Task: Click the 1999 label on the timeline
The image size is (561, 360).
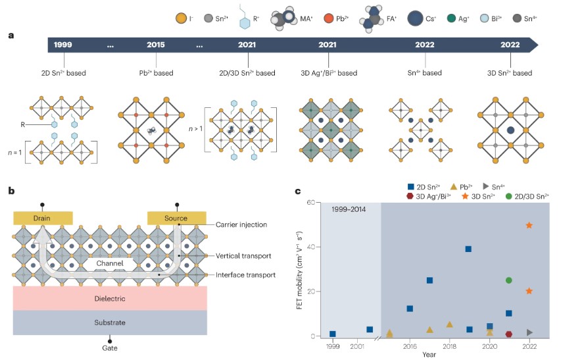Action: point(63,45)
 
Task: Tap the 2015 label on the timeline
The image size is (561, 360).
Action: point(156,45)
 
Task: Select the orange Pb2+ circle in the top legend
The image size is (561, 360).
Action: point(328,18)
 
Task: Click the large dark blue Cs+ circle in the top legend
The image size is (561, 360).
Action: point(415,18)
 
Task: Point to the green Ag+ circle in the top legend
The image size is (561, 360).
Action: point(452,18)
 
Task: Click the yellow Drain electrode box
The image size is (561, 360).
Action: point(43,218)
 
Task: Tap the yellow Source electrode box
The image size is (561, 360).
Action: point(177,218)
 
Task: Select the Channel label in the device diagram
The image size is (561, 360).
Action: point(109,263)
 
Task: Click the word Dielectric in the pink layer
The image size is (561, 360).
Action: point(110,298)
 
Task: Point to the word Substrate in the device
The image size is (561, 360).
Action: point(110,322)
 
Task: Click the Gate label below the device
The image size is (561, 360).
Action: point(110,348)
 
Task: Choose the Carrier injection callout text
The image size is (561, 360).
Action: point(241,224)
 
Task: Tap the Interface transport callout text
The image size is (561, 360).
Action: point(245,275)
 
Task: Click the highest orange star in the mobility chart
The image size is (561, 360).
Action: point(529,225)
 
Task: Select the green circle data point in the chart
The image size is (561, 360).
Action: point(509,280)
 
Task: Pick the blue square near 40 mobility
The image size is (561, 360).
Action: point(468,249)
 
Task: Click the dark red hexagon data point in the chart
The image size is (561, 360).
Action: point(509,334)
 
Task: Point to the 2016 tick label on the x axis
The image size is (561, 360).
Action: point(410,346)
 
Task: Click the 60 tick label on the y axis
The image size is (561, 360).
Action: point(310,202)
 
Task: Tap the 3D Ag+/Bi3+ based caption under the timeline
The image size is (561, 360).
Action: point(329,73)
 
